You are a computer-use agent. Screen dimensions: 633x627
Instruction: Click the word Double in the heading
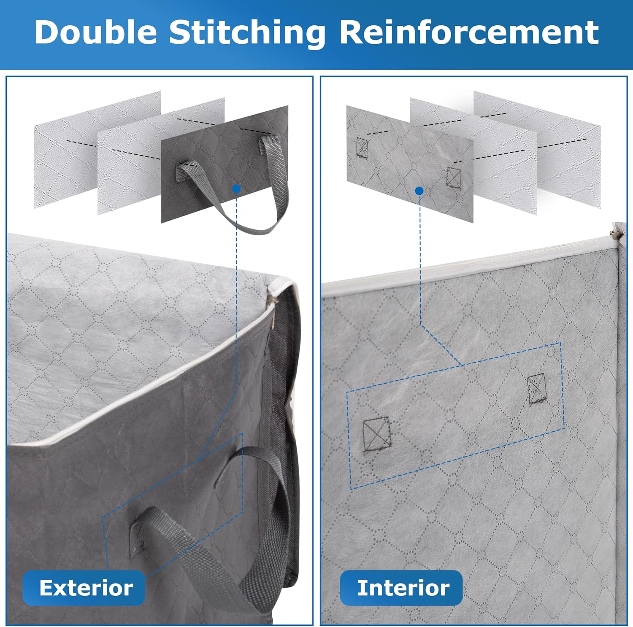point(96,32)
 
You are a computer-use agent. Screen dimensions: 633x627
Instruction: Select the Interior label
point(403,588)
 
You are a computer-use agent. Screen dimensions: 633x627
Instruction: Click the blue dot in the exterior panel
point(236,188)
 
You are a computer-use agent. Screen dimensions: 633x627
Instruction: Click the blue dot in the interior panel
point(419,191)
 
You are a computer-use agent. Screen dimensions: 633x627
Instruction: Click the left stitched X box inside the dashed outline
point(376,434)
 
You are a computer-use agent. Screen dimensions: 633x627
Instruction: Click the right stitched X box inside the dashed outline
point(537,388)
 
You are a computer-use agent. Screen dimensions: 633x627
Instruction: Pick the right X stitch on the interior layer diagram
point(454,177)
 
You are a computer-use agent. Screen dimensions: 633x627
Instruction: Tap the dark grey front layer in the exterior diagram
point(225,164)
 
